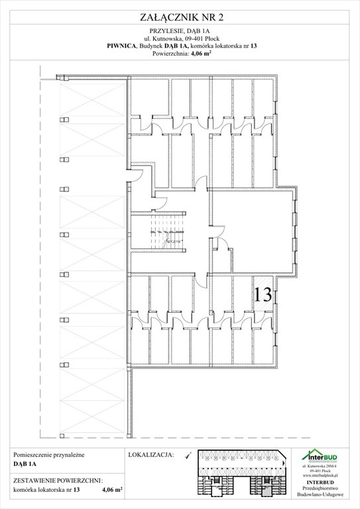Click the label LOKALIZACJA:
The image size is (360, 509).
point(149,456)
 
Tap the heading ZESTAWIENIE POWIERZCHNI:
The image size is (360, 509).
point(58,479)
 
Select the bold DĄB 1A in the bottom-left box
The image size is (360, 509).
point(25,465)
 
